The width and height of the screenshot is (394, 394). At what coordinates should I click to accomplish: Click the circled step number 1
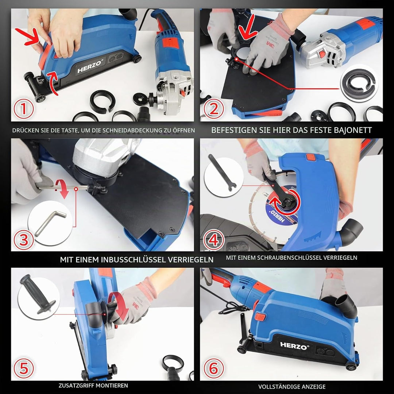[x=23, y=109]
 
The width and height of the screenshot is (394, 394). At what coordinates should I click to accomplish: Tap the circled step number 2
[x=213, y=109]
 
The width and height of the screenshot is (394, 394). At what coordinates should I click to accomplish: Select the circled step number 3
[x=23, y=240]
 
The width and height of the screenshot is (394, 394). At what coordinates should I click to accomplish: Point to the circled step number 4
[x=213, y=240]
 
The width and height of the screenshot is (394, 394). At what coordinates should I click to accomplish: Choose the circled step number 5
[x=24, y=368]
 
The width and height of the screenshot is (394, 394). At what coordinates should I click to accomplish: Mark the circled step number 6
[x=213, y=368]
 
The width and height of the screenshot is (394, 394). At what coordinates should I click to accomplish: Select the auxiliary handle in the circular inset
[x=38, y=294]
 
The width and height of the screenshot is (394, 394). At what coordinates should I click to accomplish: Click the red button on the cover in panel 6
[x=260, y=316]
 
